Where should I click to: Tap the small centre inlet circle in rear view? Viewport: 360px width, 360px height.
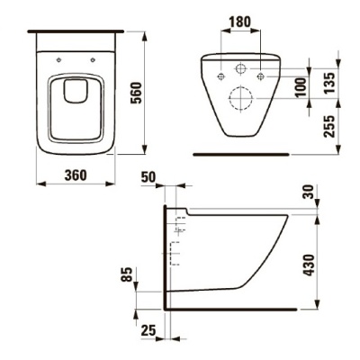coord(240,70)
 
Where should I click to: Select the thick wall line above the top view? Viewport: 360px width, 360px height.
coord(76,30)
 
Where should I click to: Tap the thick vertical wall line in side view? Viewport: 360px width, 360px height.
coord(163,261)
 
